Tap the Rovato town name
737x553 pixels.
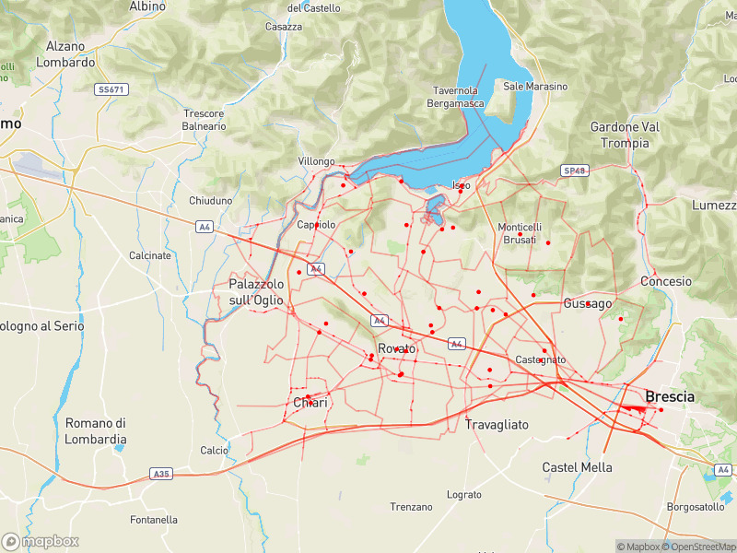pos(397,349)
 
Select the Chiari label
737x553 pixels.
pos(310,404)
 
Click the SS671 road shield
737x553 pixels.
pos(111,89)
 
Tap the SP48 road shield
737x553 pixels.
pos(573,171)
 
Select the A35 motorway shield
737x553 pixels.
pos(161,474)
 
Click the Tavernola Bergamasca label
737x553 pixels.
pos(455,97)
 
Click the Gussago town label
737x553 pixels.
pos(588,303)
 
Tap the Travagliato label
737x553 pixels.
pos(497,425)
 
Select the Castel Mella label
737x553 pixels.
pos(578,467)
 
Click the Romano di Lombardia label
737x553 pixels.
pos(95,431)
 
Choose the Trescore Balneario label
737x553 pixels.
pos(204,120)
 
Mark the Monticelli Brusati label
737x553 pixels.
pos(520,233)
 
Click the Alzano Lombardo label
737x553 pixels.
pos(64,54)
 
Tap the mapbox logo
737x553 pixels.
pos(41,541)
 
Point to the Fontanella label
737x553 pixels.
pos(154,520)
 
